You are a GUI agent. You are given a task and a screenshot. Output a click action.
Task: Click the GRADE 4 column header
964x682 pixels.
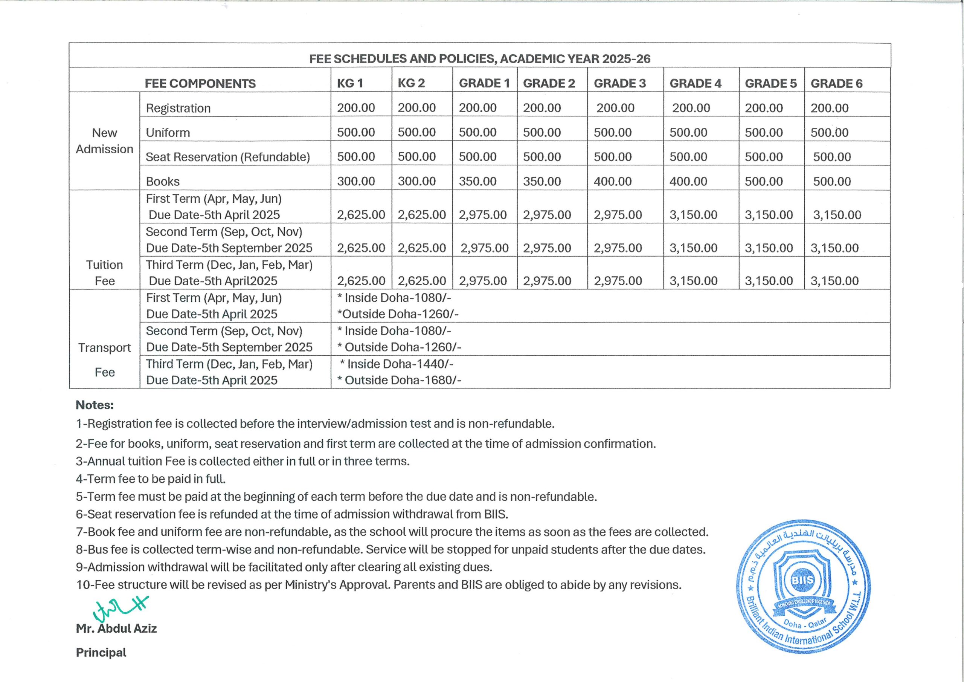coord(695,83)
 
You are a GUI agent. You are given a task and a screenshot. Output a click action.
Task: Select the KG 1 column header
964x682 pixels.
coord(350,83)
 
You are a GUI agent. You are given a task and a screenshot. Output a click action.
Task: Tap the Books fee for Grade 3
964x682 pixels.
coord(613,181)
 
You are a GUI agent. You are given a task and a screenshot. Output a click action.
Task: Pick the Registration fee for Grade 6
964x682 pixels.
coord(829,108)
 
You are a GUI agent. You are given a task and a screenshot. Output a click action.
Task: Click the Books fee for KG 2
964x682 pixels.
coord(416,181)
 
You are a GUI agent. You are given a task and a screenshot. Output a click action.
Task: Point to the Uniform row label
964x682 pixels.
coord(168,133)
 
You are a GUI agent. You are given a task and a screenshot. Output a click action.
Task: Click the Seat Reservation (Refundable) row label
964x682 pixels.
coord(227,157)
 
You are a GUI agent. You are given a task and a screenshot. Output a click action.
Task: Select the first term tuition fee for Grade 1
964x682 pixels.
coord(482,215)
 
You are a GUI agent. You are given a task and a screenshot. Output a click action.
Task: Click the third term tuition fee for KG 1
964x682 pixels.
coord(361,281)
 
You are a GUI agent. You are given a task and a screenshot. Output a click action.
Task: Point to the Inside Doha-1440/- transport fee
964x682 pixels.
coord(397,364)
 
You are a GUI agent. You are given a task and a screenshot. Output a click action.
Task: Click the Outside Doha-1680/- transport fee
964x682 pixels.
coord(399,380)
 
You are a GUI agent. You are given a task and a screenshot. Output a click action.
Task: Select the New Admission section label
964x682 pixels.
coord(105,141)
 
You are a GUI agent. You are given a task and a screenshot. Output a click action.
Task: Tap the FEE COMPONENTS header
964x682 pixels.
coord(200,84)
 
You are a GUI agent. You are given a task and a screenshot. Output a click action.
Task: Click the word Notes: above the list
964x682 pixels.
coord(95,405)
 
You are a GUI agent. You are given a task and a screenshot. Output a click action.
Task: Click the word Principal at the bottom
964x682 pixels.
coord(101,653)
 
